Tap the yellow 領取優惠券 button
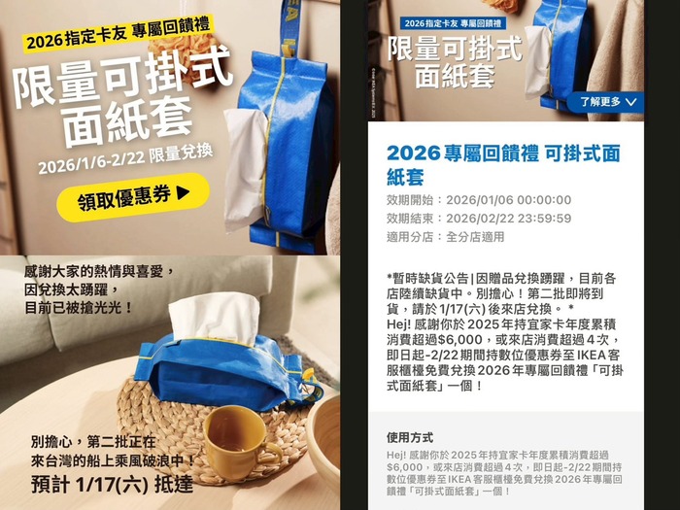(x=133, y=197)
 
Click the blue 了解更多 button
(x=606, y=102)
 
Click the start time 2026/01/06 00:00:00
(x=509, y=200)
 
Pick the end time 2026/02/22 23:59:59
(x=509, y=219)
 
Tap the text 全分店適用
(x=475, y=237)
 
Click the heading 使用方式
(x=410, y=437)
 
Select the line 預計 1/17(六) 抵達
(x=112, y=484)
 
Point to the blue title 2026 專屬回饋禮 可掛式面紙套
(x=503, y=165)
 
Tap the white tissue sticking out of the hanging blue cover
(x=244, y=169)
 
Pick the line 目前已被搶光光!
(x=79, y=308)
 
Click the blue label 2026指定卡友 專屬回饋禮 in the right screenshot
(x=453, y=23)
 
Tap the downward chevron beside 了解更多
(x=631, y=102)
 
